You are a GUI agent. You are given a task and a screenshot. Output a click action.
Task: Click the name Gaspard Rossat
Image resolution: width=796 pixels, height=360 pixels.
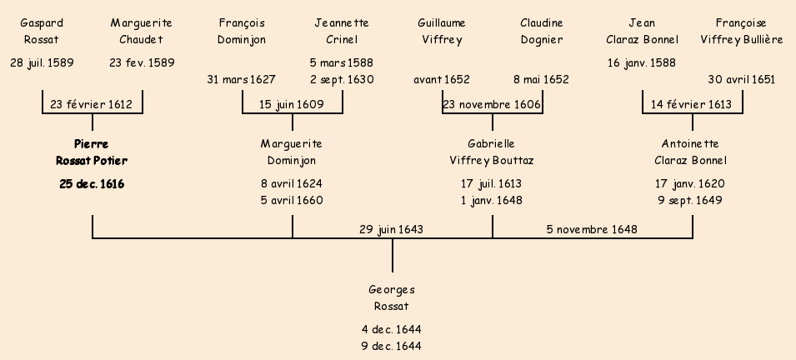click(41, 31)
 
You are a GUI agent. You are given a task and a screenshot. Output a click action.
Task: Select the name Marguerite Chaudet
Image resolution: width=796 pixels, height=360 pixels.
click(142, 31)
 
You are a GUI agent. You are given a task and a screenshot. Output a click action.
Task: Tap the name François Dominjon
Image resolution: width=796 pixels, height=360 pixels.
click(242, 31)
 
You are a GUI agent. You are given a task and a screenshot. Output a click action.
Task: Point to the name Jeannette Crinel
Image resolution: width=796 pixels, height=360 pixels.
click(342, 31)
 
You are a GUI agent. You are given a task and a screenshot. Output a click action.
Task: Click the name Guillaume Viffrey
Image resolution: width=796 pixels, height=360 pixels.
click(442, 31)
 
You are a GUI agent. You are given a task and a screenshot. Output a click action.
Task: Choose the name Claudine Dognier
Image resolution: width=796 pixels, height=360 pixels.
click(542, 31)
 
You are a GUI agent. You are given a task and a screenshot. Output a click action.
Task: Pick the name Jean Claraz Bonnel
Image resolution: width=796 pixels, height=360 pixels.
click(642, 31)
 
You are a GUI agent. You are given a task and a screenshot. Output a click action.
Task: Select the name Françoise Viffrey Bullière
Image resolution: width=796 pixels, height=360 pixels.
click(742, 31)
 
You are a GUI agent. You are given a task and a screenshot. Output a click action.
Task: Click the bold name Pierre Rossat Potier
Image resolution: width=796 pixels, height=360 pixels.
click(92, 152)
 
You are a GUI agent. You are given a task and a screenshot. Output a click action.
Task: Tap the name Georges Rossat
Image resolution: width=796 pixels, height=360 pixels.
click(392, 298)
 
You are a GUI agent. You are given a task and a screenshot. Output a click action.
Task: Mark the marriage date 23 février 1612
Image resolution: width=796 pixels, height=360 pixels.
click(92, 104)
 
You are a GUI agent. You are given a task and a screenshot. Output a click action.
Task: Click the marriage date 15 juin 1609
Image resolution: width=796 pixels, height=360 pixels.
click(292, 104)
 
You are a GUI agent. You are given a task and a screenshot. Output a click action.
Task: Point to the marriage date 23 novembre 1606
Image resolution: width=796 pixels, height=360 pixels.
click(492, 104)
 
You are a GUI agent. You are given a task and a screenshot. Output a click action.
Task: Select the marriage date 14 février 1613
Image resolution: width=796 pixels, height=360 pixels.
click(692, 104)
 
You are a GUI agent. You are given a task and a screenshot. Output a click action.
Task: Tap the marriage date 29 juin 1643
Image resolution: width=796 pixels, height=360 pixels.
click(392, 229)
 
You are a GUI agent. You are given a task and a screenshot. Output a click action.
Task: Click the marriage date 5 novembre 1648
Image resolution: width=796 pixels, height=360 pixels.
click(592, 229)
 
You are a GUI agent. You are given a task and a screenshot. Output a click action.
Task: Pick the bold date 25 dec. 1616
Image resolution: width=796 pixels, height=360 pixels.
click(92, 184)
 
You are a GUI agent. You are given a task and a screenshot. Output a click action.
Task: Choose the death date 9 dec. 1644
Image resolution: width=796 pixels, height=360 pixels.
click(392, 346)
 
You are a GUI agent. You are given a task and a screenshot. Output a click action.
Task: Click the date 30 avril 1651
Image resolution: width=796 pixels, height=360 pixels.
click(742, 80)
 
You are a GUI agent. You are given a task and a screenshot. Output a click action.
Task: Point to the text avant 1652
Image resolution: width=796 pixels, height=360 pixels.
click(442, 80)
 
